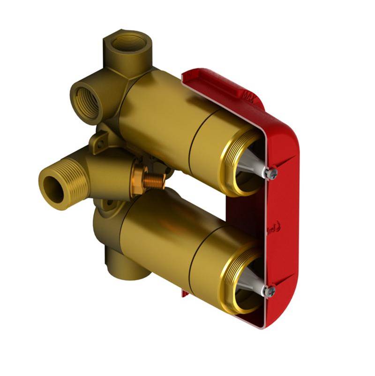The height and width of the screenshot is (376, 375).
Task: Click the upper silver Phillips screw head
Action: tap(271, 174)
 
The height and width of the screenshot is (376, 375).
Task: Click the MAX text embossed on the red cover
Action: tap(247, 95)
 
